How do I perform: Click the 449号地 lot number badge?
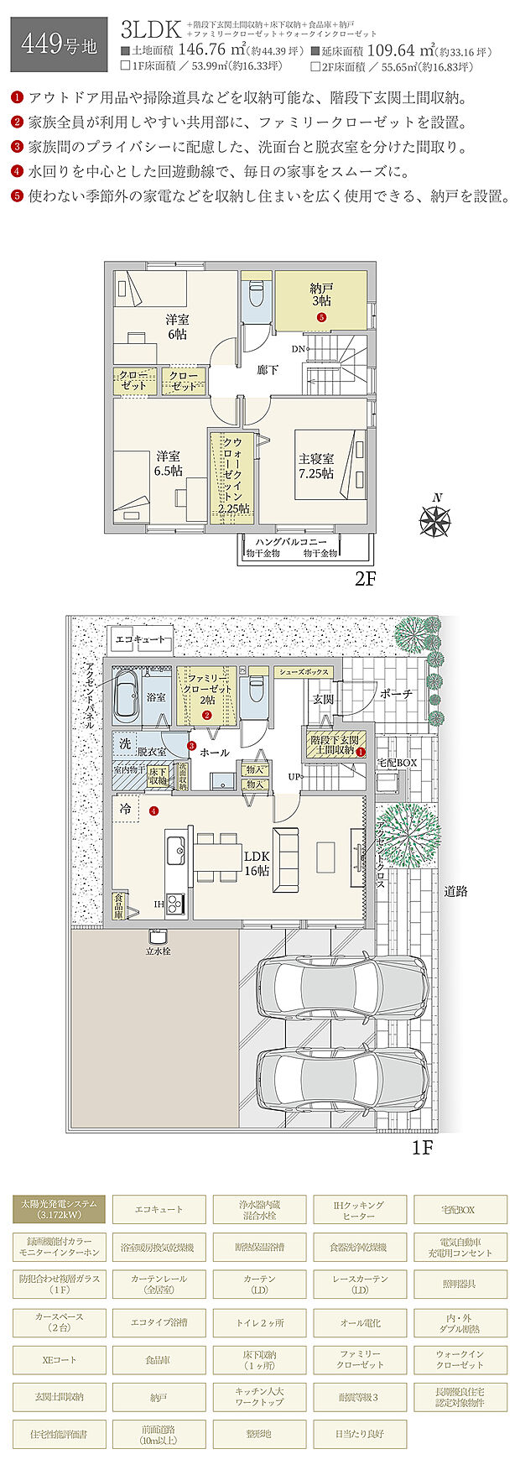58,44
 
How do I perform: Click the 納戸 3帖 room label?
321,294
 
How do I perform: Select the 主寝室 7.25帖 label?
316,466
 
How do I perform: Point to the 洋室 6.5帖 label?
168,463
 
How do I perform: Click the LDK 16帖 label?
257,863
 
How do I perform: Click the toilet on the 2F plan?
256,296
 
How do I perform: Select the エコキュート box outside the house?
140,640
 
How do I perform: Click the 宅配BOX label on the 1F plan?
398,763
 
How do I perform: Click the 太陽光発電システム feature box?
59,1209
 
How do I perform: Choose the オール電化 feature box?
361,1322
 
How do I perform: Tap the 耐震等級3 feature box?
361,1397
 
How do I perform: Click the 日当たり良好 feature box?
361,1434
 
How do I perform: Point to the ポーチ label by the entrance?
396,695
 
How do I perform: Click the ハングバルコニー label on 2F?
291,543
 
